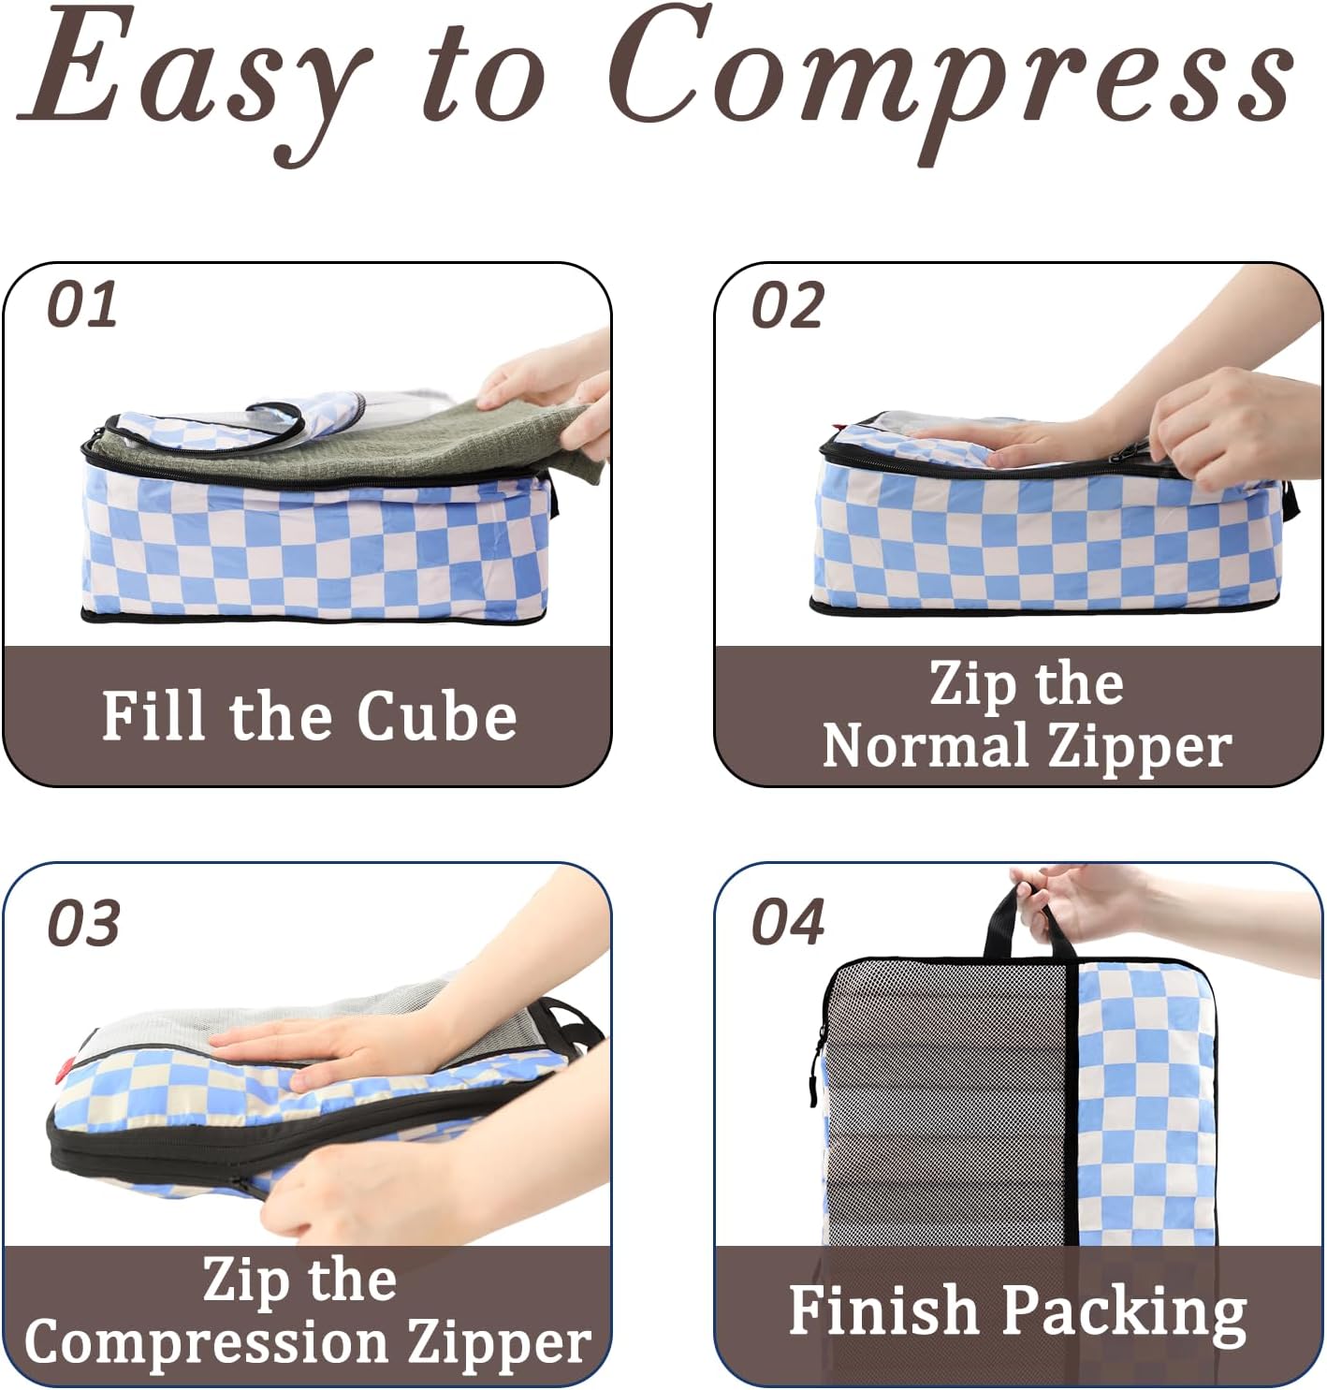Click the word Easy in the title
(195, 80)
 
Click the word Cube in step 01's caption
(436, 716)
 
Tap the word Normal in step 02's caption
(926, 746)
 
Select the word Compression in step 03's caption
(207, 1343)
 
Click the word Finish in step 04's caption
(882, 1309)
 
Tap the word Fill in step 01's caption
(154, 716)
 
